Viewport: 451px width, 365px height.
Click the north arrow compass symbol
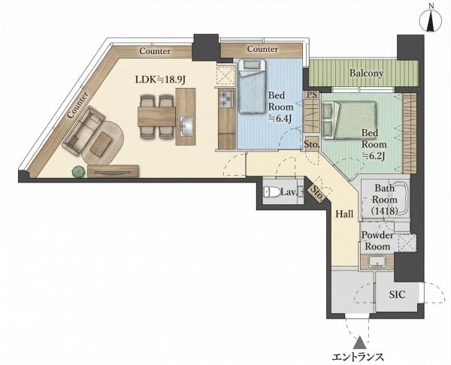click(431, 20)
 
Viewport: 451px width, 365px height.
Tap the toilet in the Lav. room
click(272, 192)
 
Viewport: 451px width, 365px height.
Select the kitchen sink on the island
click(186, 126)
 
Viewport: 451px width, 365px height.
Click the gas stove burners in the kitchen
click(225, 99)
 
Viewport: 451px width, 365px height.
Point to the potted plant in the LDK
click(78, 172)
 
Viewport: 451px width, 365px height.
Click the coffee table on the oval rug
click(101, 142)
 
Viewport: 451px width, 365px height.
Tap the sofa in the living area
click(83, 130)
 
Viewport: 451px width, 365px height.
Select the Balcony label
click(366, 74)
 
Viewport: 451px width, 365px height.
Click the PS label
click(312, 95)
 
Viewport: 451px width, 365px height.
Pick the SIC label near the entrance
click(397, 294)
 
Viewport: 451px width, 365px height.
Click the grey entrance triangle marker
click(360, 343)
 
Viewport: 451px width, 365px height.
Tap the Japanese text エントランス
click(358, 357)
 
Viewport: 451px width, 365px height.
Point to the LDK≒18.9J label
click(160, 80)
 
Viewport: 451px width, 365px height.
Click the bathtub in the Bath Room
click(385, 199)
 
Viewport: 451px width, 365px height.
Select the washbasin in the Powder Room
click(377, 261)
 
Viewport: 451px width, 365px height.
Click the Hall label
click(344, 213)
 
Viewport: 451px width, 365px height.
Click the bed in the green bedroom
click(350, 120)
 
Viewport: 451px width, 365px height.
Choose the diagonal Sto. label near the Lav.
click(317, 193)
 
